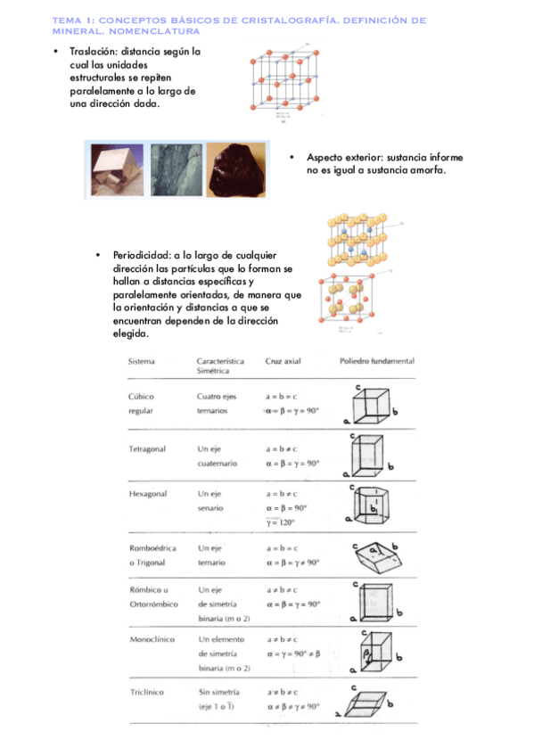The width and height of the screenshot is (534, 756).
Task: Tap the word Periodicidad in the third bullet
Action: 141,255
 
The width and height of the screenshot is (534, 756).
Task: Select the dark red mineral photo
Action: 236,169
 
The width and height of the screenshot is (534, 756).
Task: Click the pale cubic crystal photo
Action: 116,169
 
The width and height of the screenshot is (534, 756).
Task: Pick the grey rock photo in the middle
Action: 176,169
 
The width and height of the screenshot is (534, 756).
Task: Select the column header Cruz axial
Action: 284,362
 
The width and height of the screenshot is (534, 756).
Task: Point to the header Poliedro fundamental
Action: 377,362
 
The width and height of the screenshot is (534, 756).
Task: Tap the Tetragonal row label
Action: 147,448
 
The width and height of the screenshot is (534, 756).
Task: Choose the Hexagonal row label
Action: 148,492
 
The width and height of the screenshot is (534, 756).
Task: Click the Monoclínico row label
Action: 152,639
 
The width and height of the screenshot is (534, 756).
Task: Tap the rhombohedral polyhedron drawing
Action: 373,557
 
